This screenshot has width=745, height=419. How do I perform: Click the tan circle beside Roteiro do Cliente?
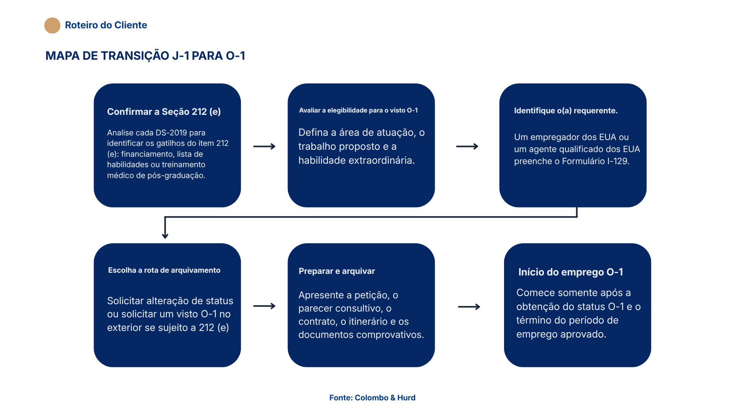[52, 25]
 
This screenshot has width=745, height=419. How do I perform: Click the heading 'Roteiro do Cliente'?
[106, 25]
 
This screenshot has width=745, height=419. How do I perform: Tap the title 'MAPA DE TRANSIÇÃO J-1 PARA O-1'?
[145, 56]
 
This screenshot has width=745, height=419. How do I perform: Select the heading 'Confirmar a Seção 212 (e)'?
[164, 112]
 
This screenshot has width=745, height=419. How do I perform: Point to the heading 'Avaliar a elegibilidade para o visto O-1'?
[359, 111]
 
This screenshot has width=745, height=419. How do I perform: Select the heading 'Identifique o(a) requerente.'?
[566, 111]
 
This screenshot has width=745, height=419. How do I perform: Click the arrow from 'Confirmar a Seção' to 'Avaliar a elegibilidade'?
[264, 146]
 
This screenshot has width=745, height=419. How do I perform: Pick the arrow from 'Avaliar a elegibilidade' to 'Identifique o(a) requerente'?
[467, 146]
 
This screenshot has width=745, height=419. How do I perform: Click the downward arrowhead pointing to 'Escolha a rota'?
[165, 235]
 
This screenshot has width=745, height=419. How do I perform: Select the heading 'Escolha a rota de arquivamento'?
[164, 270]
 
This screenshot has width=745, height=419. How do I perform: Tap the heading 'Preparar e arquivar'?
[337, 271]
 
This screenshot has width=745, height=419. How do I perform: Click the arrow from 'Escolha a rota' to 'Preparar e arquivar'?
[264, 306]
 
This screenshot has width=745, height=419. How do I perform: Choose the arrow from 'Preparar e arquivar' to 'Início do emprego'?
[469, 307]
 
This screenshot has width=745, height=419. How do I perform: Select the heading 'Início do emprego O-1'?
[571, 272]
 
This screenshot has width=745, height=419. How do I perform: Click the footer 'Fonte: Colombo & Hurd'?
[372, 398]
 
